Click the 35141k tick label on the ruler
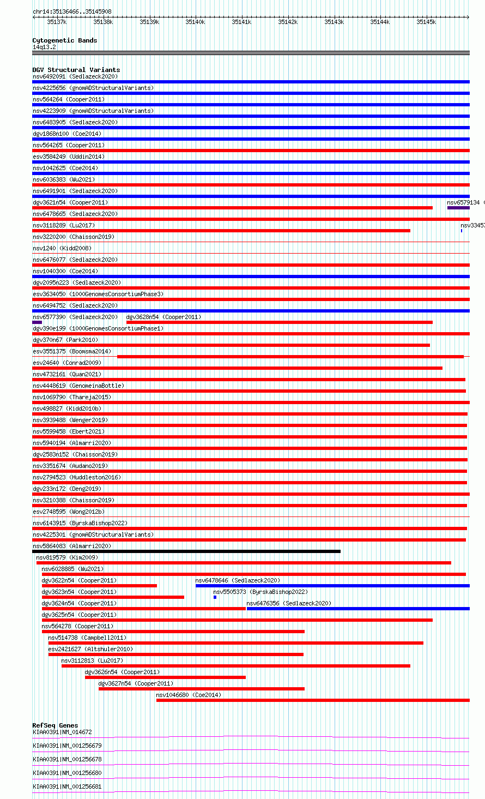pos(241,22)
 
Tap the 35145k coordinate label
pos(426,22)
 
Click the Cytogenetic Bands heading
pos(64,40)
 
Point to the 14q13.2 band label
pos(44,47)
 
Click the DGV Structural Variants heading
pos(76,70)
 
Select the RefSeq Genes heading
pos(55,725)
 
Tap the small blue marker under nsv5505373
pos(215,597)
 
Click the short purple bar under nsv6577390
pos(37,322)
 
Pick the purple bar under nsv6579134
pos(458,208)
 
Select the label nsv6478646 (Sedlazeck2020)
pos(238,580)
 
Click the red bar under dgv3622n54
pos(99,586)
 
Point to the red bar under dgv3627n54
pos(201,689)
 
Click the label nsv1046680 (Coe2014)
pos(189,695)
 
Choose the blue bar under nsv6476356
pos(357,609)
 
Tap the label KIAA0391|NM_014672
pos(62,732)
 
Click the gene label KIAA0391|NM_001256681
pos(67,787)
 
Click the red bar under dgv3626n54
pos(165,677)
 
